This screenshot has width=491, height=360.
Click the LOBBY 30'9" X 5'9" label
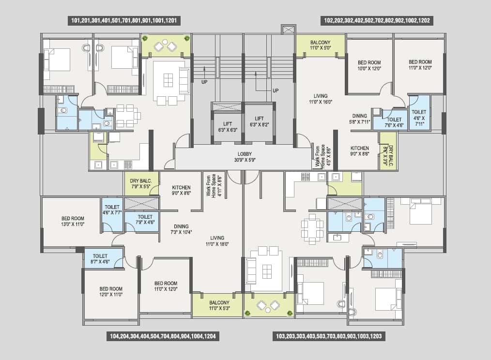tap(245, 157)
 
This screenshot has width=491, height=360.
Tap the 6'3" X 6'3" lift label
tap(228, 127)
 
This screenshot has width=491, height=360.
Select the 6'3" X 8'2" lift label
tap(259, 121)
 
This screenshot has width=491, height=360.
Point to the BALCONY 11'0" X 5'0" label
tap(321, 45)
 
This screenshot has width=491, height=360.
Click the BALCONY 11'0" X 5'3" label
tap(219, 305)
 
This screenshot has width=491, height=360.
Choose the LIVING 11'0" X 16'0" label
tap(321, 99)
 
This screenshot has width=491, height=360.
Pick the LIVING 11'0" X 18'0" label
tap(217, 241)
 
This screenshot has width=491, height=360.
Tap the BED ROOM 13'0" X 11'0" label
tap(73, 221)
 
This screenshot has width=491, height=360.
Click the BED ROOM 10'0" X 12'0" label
tap(369, 65)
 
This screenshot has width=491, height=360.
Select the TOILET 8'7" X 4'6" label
tap(100, 259)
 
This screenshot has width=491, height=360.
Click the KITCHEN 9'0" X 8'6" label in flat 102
tap(359, 151)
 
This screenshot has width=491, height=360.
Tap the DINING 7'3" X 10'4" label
tap(181, 229)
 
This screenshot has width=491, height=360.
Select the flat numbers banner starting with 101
tap(124, 21)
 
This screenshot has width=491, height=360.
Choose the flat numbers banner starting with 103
tap(329, 336)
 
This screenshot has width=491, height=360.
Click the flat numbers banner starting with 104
tap(163, 336)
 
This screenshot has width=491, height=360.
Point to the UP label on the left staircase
tap(204, 82)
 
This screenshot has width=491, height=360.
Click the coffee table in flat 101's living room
tap(168, 80)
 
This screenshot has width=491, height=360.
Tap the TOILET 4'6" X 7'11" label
tap(419, 118)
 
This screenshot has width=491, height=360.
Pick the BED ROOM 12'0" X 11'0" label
tap(111, 292)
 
